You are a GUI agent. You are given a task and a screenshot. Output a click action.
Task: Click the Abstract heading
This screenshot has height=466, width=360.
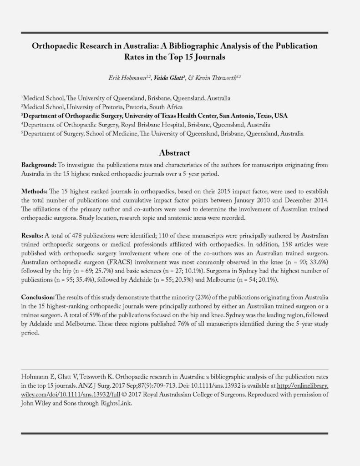(x=175, y=153)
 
